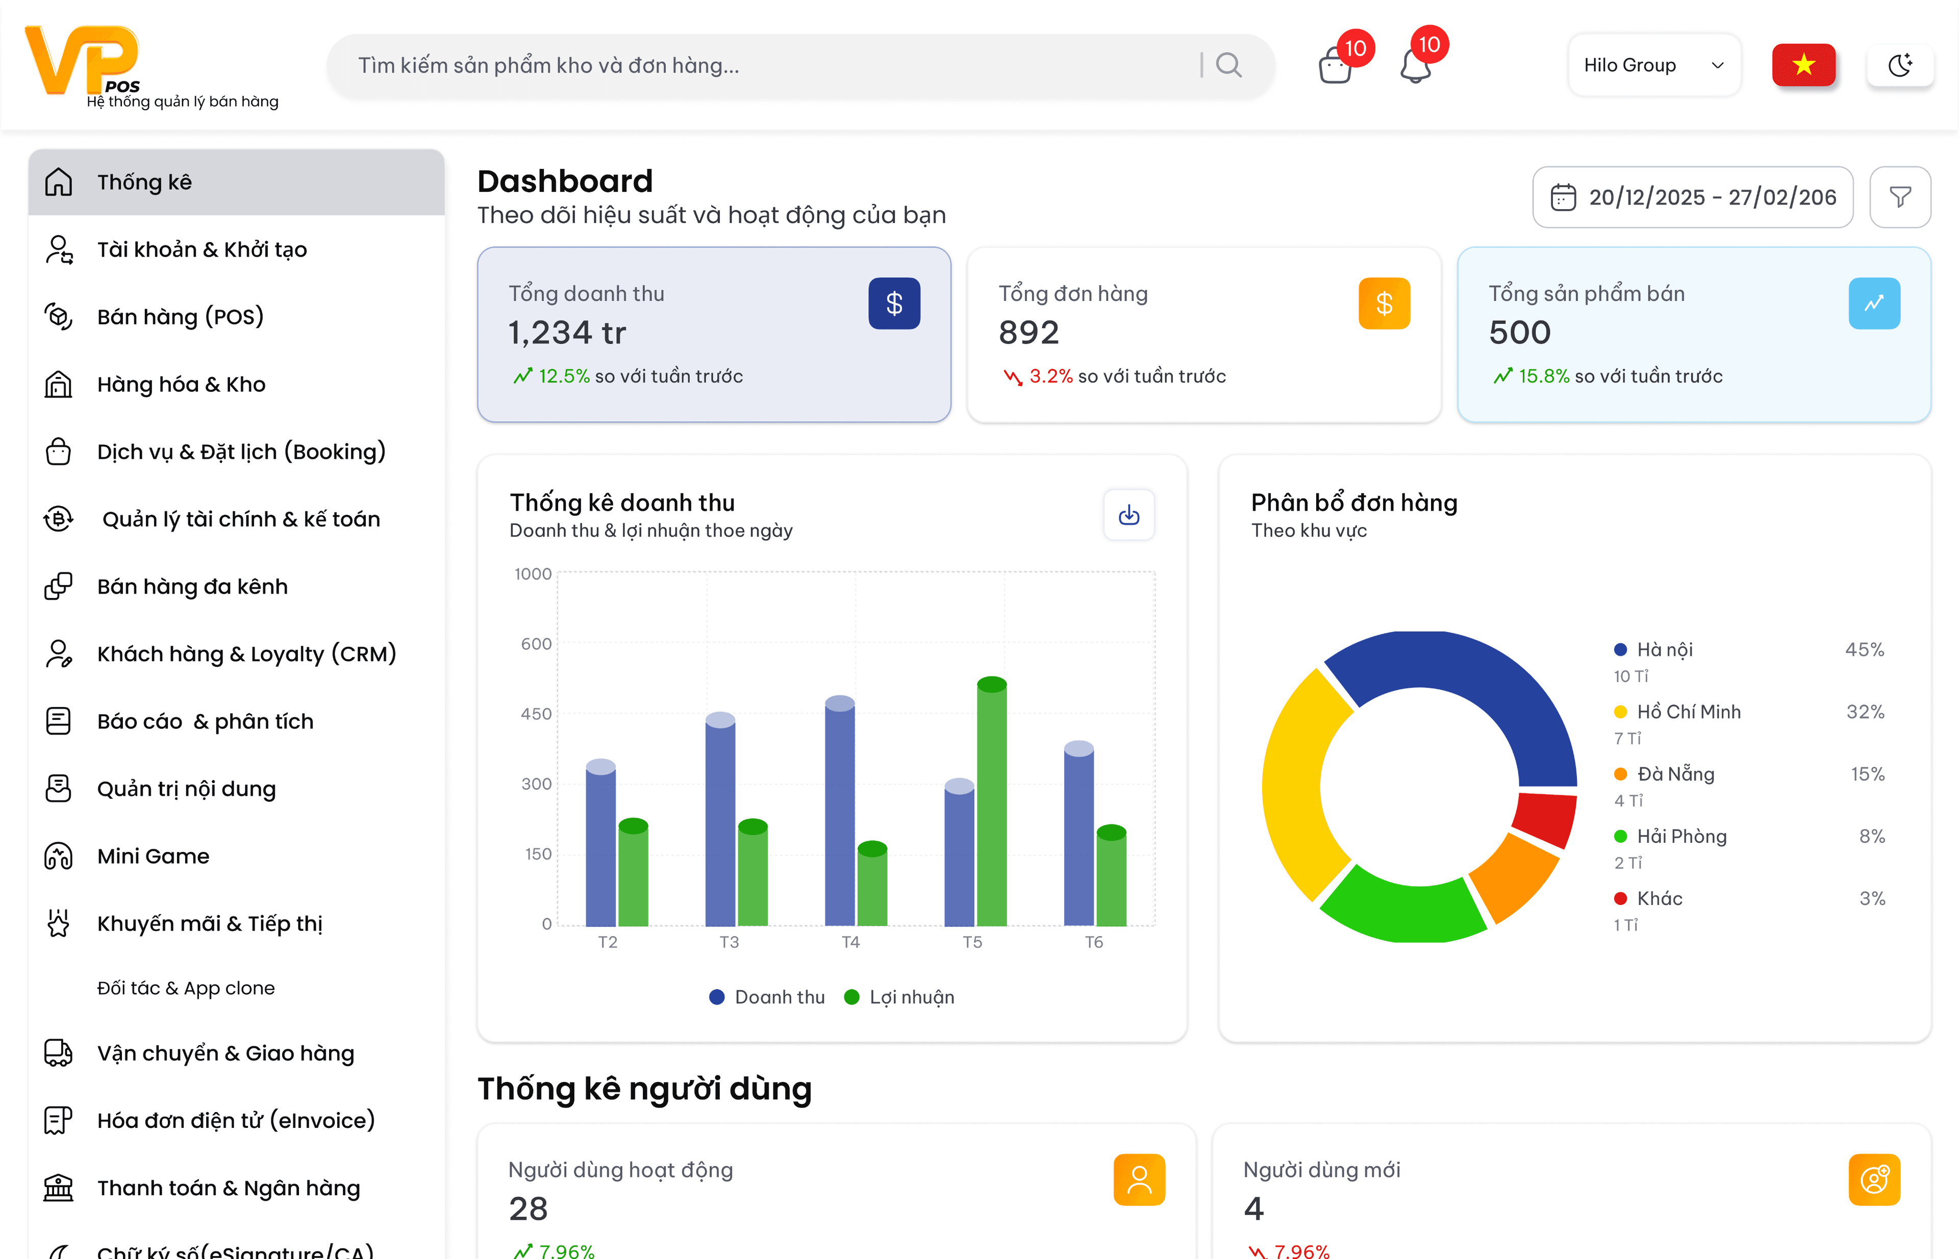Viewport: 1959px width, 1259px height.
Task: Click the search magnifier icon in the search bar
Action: pos(1228,65)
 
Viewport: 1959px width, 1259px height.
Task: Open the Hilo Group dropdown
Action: pos(1654,65)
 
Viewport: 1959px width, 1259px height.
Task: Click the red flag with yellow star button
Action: pos(1803,65)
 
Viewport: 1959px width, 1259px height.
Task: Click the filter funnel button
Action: pos(1900,197)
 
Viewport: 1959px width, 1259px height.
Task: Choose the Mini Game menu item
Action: pos(153,856)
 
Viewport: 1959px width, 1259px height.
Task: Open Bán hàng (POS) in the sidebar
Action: pos(180,316)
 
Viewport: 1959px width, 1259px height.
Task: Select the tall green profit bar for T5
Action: pos(992,801)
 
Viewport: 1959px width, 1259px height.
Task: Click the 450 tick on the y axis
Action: pos(536,714)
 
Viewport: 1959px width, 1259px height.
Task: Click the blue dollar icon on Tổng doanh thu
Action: pos(894,304)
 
